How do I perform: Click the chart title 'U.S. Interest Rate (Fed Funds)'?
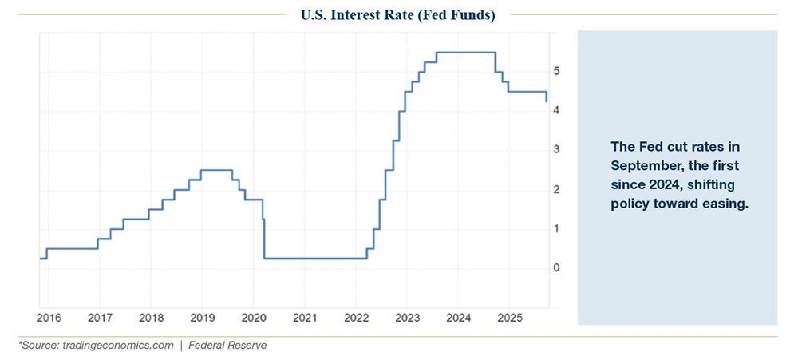(x=397, y=15)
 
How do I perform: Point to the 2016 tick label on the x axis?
(x=48, y=318)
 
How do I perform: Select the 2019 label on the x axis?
(x=202, y=318)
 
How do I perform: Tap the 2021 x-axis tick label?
(x=304, y=318)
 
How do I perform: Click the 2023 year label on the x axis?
(x=407, y=318)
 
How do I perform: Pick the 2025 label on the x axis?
(x=509, y=318)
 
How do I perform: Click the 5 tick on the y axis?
(x=557, y=71)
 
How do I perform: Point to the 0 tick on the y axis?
(x=557, y=267)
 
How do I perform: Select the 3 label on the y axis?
(x=557, y=149)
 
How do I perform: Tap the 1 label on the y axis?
(x=557, y=228)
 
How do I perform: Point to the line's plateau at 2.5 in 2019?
(x=215, y=169)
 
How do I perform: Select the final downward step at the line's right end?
(x=547, y=97)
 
